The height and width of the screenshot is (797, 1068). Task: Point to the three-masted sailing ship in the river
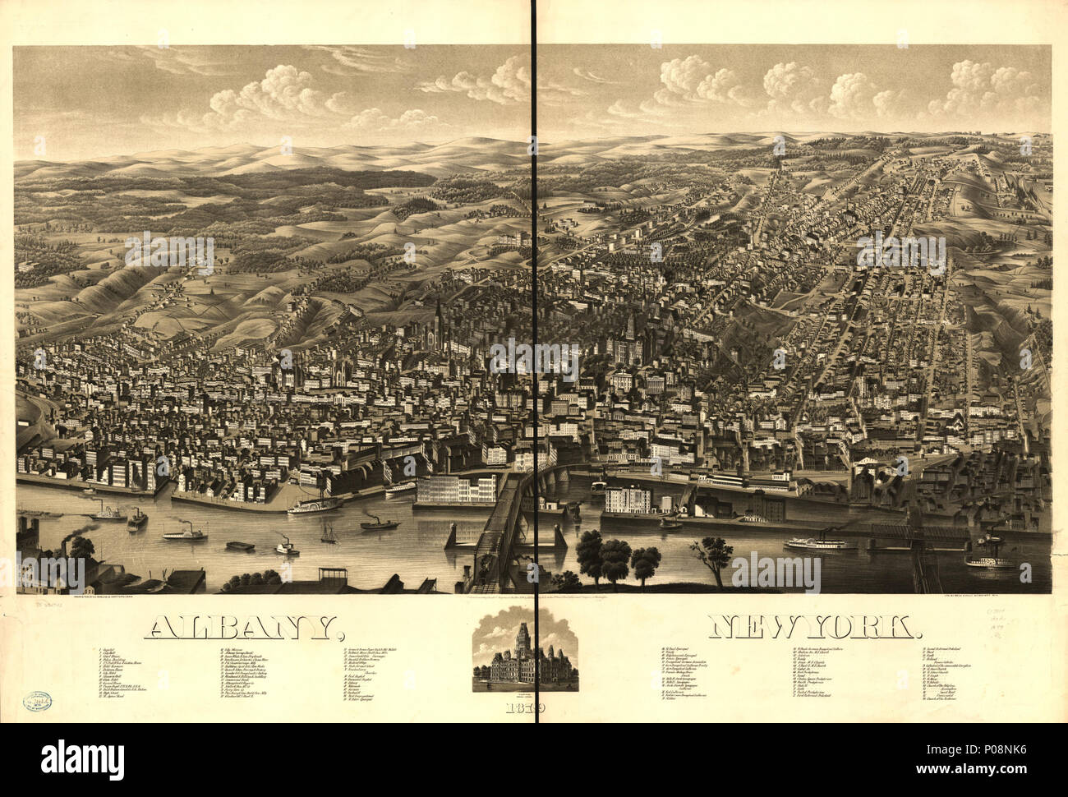(329, 532)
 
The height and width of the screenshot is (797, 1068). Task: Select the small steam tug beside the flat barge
(285, 546)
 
